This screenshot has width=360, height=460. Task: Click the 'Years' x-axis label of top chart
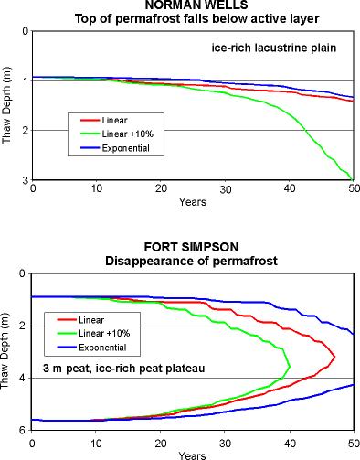click(193, 201)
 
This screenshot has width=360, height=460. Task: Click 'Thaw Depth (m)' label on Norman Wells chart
click(7, 105)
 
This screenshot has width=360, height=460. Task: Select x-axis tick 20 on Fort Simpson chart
click(161, 443)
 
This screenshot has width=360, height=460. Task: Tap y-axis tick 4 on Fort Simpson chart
click(22, 379)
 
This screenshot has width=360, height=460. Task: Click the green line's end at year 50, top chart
click(353, 179)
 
